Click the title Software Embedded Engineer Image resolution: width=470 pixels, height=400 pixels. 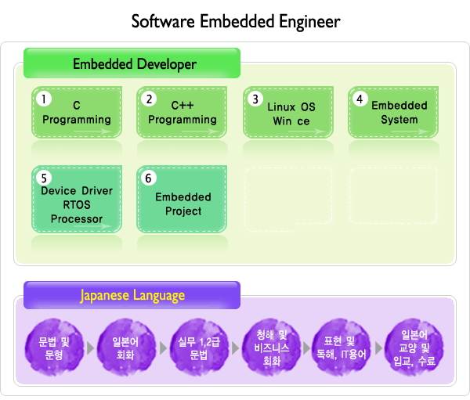[236, 22]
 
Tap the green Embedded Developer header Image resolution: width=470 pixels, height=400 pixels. [132, 63]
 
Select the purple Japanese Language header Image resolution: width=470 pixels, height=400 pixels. [132, 295]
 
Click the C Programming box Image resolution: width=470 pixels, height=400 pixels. [77, 113]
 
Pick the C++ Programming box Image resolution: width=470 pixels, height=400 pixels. [182, 113]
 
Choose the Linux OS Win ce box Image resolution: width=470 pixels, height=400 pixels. [288, 113]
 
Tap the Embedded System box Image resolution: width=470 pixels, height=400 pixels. [393, 113]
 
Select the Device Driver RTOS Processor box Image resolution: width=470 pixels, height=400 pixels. [77, 199]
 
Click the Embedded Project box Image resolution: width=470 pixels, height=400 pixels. [182, 199]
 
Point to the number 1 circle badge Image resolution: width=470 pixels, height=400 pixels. [44, 99]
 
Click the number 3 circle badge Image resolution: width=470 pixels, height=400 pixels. [255, 99]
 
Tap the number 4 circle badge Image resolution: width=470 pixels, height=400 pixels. [360, 99]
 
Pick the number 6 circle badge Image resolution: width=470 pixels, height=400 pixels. [149, 178]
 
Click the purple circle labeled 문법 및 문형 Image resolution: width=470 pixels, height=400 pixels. [54, 348]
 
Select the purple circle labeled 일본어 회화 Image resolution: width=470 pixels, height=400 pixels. [126, 348]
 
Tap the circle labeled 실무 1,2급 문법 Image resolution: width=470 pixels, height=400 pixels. [199, 348]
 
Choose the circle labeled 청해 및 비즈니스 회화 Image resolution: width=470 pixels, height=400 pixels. [272, 348]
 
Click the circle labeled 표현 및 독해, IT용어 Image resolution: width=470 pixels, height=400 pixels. [341, 348]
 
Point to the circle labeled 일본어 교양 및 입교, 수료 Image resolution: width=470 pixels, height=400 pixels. [414, 348]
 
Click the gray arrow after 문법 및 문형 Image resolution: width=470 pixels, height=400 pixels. [90, 348]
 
